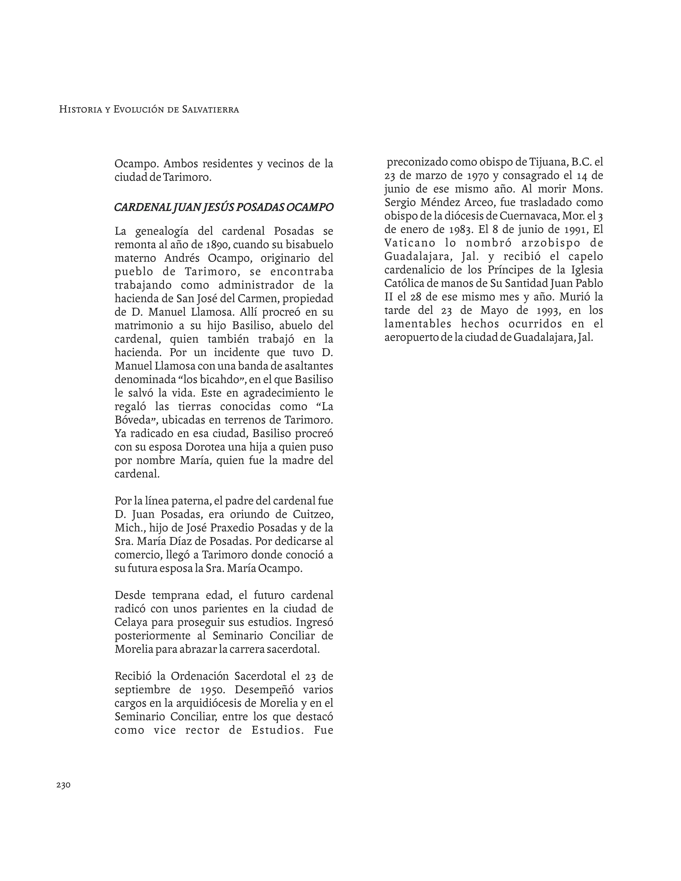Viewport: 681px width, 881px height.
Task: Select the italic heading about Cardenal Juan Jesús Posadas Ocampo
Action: tap(224, 207)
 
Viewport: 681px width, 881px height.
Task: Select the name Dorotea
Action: tap(204, 447)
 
